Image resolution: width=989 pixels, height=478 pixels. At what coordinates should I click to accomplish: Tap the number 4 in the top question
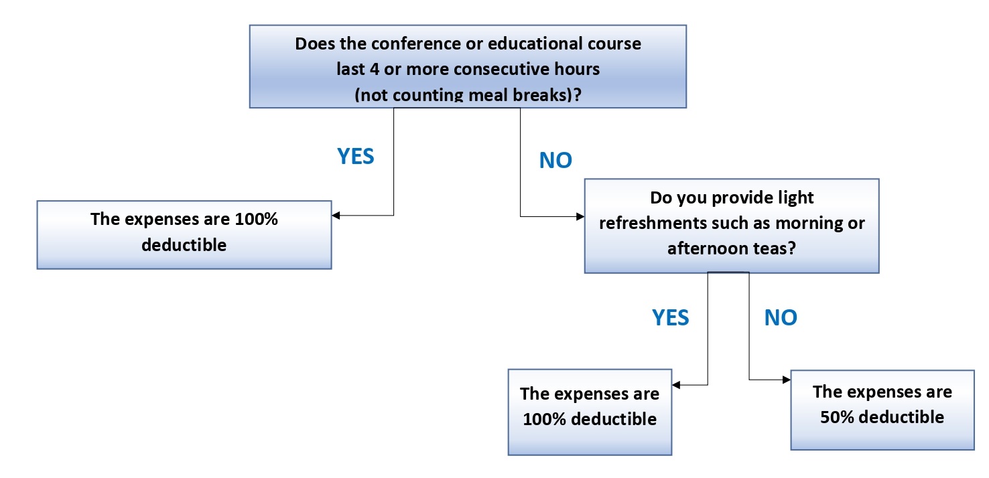pyautogui.click(x=375, y=69)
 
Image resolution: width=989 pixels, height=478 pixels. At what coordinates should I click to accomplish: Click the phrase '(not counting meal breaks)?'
pyautogui.click(x=468, y=95)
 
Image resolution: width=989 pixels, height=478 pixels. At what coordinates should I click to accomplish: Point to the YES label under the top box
pyautogui.click(x=355, y=157)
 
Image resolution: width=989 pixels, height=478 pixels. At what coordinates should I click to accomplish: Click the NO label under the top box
pyautogui.click(x=555, y=160)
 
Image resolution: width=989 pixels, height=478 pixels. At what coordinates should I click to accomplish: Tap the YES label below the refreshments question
pyautogui.click(x=670, y=317)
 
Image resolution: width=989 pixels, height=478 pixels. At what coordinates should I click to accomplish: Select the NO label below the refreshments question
pyautogui.click(x=781, y=317)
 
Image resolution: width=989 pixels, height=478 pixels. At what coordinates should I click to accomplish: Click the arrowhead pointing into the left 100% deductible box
pyautogui.click(x=336, y=215)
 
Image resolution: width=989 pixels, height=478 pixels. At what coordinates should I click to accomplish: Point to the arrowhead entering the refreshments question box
pyautogui.click(x=580, y=216)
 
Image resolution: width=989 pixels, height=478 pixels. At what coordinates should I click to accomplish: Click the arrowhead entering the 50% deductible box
pyautogui.click(x=787, y=380)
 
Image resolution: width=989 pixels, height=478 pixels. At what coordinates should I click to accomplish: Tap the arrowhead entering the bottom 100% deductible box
pyautogui.click(x=676, y=385)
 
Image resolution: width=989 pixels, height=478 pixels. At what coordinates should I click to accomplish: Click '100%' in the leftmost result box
pyautogui.click(x=256, y=219)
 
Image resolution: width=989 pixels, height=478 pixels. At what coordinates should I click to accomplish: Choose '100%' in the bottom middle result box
pyautogui.click(x=544, y=419)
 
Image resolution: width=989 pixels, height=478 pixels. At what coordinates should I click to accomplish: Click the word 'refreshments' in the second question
pyautogui.click(x=653, y=223)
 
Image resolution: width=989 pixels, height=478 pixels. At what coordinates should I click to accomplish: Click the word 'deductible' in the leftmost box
pyautogui.click(x=184, y=245)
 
